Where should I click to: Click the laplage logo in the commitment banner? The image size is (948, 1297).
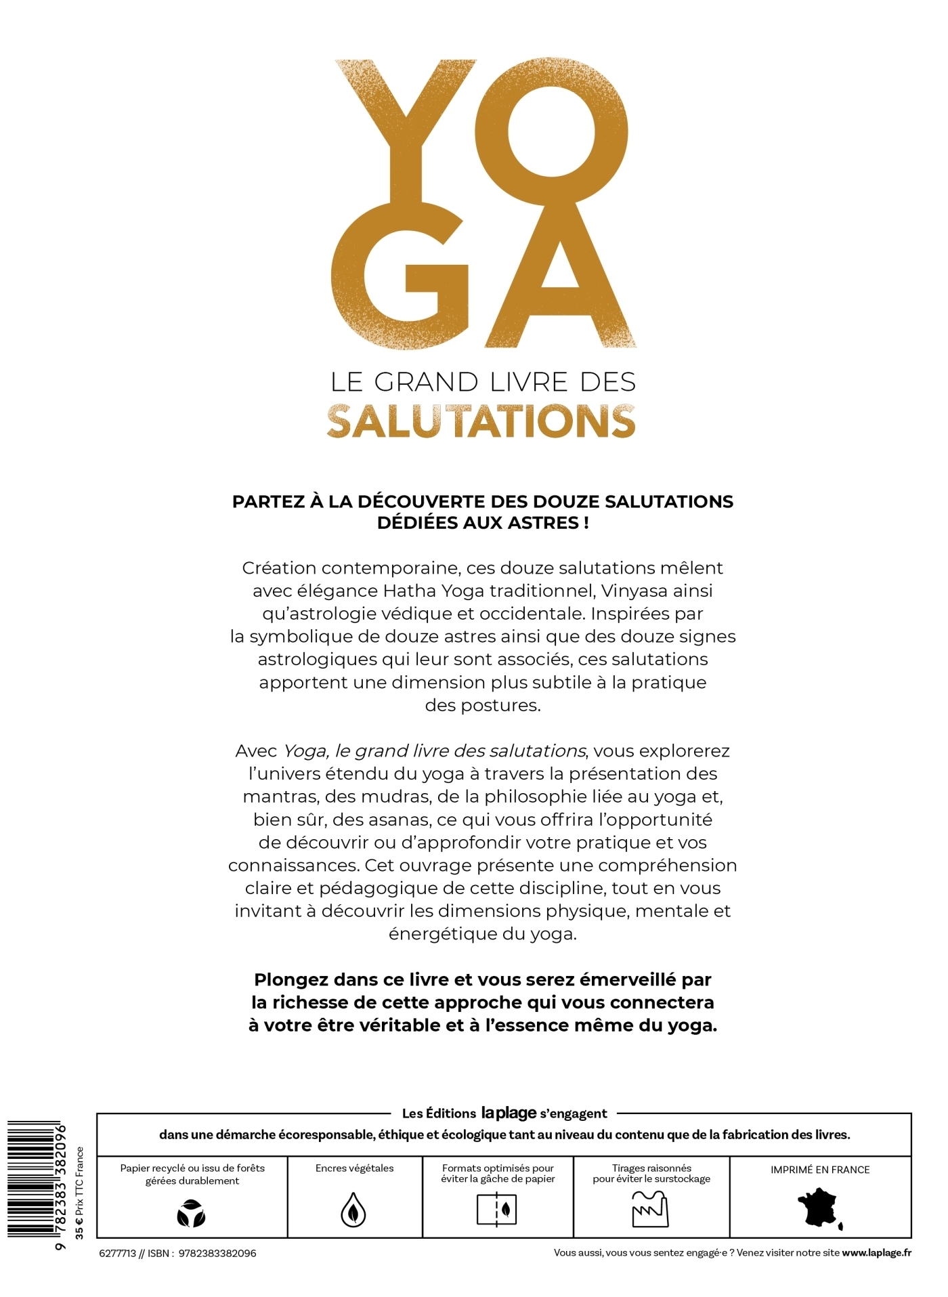coord(509,1112)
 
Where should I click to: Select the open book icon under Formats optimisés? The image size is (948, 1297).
coord(498,1210)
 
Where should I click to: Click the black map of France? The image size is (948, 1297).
coord(819,1208)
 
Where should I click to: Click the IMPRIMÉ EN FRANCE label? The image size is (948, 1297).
coord(820,1170)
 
